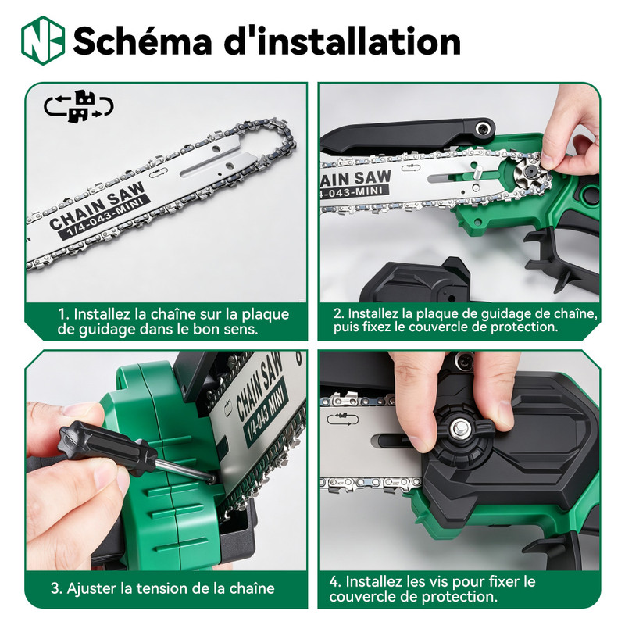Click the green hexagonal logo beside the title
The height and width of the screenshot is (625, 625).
pos(43,41)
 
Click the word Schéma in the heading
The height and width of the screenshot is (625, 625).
pos(143,41)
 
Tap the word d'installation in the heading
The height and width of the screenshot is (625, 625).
pos(342,41)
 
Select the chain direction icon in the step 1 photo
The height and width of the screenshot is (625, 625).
pos(79,105)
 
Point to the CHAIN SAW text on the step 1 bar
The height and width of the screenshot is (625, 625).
pos(96,205)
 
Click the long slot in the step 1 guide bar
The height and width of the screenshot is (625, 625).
pos(210,162)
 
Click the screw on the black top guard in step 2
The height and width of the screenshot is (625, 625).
pos(483,128)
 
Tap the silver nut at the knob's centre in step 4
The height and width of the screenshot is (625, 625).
pos(459,428)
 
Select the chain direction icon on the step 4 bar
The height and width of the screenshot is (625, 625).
pos(342,419)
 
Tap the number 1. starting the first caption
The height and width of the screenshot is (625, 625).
pos(64,314)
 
